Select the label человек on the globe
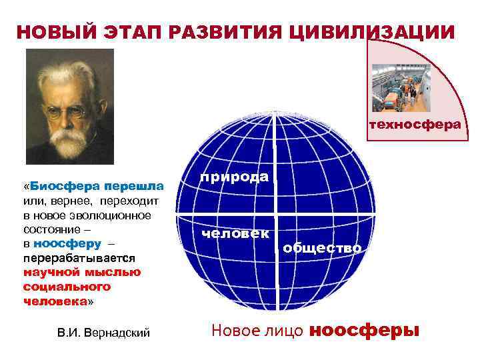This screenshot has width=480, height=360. [x=236, y=233]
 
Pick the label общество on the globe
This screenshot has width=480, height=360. [x=322, y=249]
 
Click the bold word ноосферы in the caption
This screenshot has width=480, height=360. [x=365, y=331]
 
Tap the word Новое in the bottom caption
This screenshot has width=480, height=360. [x=235, y=331]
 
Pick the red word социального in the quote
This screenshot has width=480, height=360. [x=66, y=287]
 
